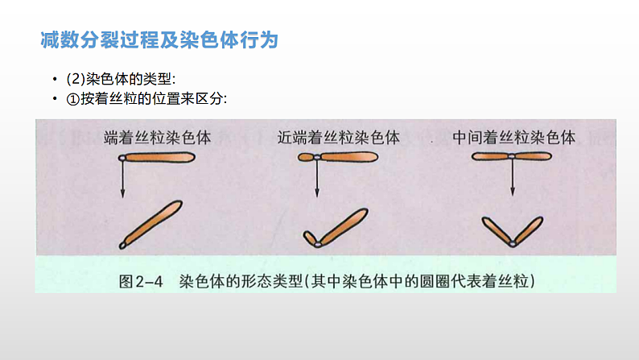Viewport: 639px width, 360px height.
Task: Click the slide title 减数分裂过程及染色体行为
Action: click(x=159, y=40)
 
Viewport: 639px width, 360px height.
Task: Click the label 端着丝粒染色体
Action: click(x=157, y=138)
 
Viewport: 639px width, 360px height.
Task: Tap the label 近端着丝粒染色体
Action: click(x=339, y=138)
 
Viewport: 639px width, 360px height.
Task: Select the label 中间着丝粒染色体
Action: click(x=514, y=138)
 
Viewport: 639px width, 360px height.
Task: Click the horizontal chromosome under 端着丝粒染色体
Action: click(x=157, y=157)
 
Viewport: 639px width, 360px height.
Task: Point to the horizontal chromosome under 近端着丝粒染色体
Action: click(x=338, y=157)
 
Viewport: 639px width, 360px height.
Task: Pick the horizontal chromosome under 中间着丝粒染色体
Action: click(x=512, y=156)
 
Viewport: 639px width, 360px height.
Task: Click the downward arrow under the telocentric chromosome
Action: click(x=122, y=180)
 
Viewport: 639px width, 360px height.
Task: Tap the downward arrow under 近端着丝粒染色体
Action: click(x=317, y=179)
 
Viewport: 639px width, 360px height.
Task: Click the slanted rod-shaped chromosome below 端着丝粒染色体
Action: click(x=150, y=225)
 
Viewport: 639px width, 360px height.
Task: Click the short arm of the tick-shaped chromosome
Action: click(x=310, y=238)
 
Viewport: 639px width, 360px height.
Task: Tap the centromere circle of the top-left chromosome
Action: click(x=122, y=158)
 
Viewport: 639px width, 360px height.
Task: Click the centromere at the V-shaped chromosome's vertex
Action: click(x=513, y=244)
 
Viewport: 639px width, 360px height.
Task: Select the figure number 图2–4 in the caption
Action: click(x=141, y=281)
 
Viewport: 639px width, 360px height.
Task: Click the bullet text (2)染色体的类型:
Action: click(x=121, y=79)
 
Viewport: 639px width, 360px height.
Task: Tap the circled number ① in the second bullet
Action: click(x=72, y=99)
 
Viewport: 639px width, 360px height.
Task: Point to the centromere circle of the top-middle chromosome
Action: click(x=317, y=157)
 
